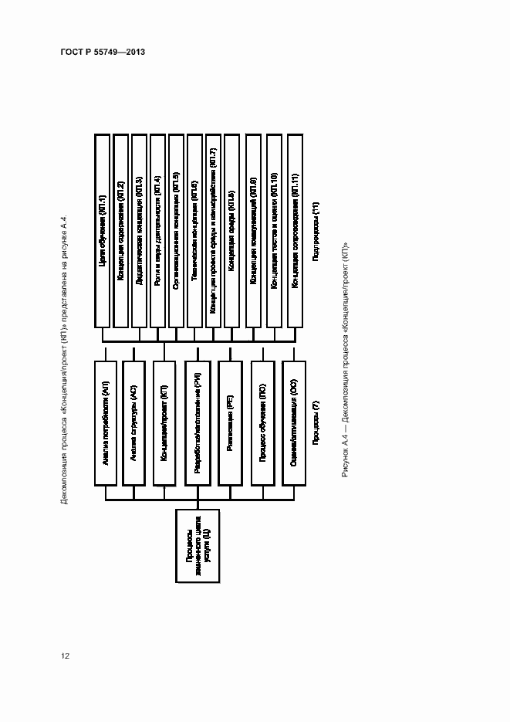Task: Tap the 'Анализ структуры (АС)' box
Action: coord(134,423)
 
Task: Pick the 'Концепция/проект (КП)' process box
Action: coord(164,423)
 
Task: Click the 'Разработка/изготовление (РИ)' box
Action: coord(198,423)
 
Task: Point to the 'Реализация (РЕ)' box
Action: coord(230,423)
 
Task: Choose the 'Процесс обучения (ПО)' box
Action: coord(263,423)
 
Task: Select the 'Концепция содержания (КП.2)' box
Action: coord(120,231)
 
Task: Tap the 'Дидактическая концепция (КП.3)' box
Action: coord(139,231)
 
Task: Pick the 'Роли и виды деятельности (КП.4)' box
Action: coord(157,231)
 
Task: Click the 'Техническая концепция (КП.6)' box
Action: coord(194,231)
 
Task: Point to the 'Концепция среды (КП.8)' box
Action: coord(232,231)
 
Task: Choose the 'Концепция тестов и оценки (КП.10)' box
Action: coord(275,231)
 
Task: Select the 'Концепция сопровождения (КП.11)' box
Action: coord(296,231)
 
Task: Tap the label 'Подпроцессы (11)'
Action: coord(316,231)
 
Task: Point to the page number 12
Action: coord(65,656)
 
